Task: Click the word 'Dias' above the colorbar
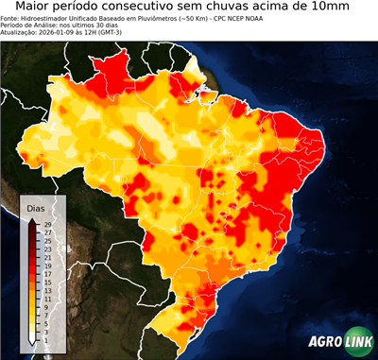[36, 207]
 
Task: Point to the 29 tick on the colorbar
[46, 224]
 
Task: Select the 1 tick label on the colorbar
[45, 340]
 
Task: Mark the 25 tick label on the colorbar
[46, 241]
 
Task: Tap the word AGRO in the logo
[324, 343]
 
